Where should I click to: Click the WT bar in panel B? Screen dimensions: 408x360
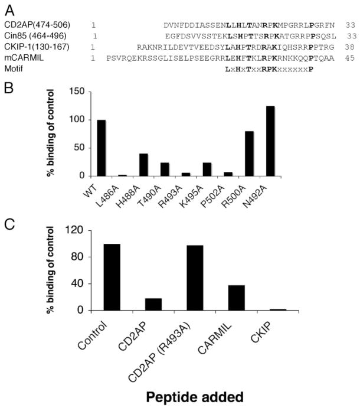coord(102,148)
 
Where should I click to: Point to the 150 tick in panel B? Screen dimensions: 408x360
coord(73,91)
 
